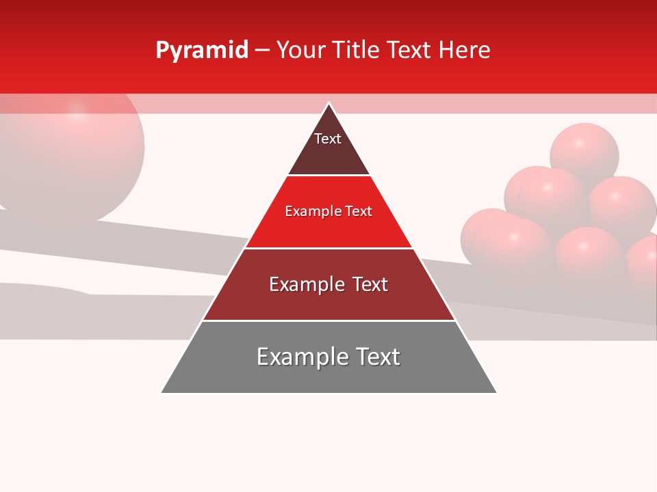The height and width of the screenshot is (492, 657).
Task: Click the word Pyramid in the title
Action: tap(202, 51)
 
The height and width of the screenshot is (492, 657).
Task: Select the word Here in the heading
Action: tap(464, 51)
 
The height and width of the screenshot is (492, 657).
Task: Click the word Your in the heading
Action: tap(301, 51)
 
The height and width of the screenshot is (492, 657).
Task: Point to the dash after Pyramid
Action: tap(262, 51)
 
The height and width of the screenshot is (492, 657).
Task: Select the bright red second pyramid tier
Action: tap(328, 229)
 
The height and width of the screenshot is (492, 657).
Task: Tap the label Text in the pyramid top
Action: tap(328, 139)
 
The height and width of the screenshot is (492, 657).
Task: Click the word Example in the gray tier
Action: tap(302, 357)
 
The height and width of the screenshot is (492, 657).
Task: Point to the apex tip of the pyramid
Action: tap(329, 104)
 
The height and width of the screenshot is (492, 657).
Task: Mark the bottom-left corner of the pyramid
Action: tap(162, 392)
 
